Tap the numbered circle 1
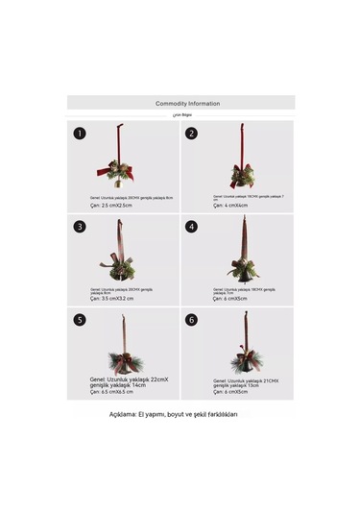pos(80,134)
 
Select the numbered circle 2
pos(192,134)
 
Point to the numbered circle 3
pos(80,227)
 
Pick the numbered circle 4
pos(192,227)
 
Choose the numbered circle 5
pos(80,320)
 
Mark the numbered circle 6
pos(192,320)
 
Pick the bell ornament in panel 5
pos(122,361)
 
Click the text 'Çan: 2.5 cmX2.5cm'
pos(111,205)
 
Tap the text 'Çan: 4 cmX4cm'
pos(230,205)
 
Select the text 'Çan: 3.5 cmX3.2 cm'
pos(112,299)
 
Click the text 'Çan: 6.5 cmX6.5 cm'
pos(111,392)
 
